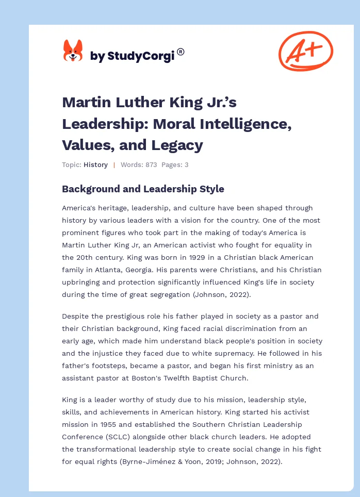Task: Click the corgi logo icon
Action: pos(73,51)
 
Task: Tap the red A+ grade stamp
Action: pos(305,51)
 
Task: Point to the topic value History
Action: pos(95,165)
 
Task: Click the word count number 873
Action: pos(150,165)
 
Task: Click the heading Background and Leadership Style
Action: pos(143,189)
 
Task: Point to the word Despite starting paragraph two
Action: pos(76,316)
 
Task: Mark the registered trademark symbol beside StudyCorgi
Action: pos(181,52)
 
